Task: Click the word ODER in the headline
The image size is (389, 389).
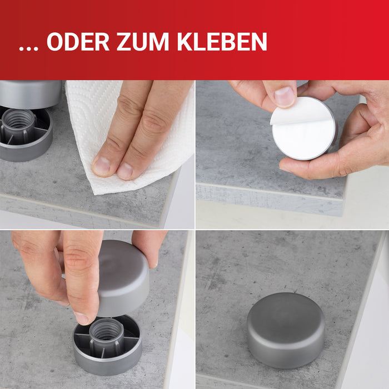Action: click(x=78, y=42)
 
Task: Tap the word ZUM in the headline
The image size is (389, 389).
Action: click(x=143, y=42)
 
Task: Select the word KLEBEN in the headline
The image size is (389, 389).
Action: click(x=222, y=42)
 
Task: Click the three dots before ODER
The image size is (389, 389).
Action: click(x=29, y=48)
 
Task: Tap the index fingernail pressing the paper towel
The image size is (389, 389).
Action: click(x=101, y=166)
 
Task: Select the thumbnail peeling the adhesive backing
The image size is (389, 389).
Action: click(x=285, y=96)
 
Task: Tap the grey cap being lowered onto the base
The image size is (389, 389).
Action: click(x=123, y=278)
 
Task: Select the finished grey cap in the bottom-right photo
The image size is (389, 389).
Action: click(x=286, y=330)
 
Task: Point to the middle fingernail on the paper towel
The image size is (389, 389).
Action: click(x=125, y=171)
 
